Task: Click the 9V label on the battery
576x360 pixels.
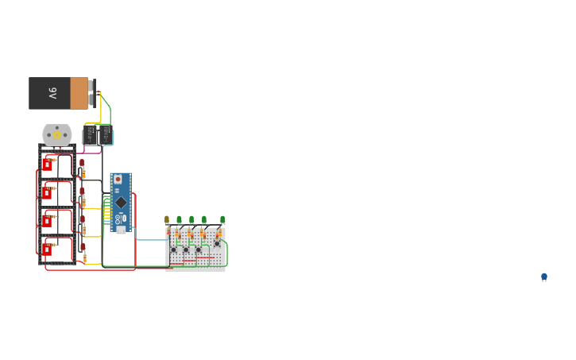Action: point(52,93)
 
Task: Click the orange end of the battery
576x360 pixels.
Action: point(79,93)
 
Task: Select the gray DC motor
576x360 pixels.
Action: point(56,134)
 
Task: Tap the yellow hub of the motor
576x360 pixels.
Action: point(56,134)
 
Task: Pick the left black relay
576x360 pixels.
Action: point(90,135)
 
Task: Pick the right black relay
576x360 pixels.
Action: point(106,135)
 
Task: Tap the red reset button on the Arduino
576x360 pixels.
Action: point(118,180)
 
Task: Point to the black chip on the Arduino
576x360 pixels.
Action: point(121,202)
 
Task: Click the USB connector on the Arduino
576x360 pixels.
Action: point(121,229)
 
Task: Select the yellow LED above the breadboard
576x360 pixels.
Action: point(167,220)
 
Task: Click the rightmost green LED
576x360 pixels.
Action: point(222,219)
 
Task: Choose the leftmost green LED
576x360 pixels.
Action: point(179,219)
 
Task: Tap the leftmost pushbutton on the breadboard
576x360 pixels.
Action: point(173,250)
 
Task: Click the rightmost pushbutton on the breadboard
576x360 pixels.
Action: point(216,244)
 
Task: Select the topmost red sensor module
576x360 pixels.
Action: point(47,165)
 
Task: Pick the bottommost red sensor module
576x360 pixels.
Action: point(47,250)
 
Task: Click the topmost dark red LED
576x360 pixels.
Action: point(82,163)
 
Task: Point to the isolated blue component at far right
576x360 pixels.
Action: point(544,277)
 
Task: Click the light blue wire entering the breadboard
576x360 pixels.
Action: point(151,239)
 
